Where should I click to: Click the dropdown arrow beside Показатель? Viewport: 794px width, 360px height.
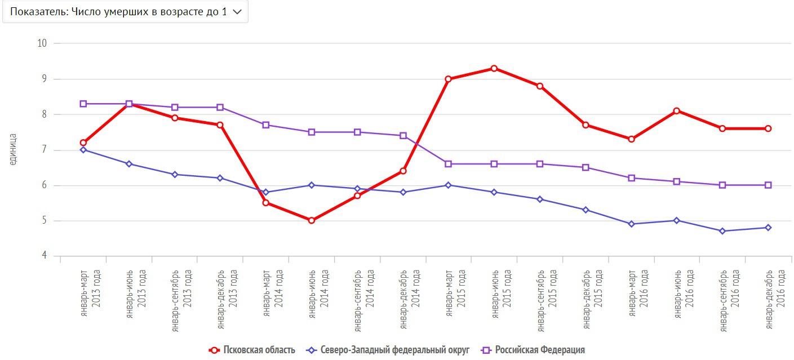coord(237,12)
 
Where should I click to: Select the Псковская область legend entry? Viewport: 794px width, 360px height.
coord(252,350)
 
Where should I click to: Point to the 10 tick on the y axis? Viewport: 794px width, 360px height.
coord(42,43)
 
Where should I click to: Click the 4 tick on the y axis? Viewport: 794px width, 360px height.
coord(43,256)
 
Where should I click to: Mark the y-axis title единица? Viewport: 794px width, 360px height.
coord(13,149)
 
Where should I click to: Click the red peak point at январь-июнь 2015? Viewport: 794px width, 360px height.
coord(494,68)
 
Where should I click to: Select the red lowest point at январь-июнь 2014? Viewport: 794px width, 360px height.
coord(312,220)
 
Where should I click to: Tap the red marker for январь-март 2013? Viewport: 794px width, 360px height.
coord(83,143)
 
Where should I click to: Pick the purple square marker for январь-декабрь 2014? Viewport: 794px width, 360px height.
coord(403,136)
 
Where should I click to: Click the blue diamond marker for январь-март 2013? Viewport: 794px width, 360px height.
coord(83,150)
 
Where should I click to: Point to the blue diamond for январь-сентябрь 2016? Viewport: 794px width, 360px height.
coord(722,231)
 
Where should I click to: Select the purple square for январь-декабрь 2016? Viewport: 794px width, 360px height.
coord(768,185)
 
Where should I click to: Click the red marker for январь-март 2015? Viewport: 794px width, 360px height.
coord(449,79)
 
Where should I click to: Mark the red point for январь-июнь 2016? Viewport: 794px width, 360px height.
coord(677,111)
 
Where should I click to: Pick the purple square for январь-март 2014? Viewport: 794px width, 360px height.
coord(266,125)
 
